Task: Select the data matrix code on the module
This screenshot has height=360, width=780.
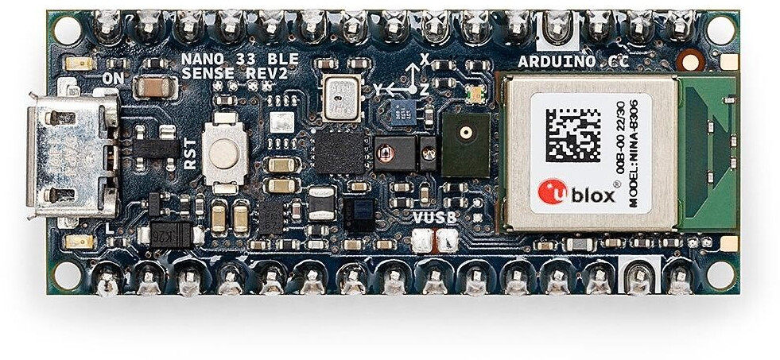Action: (x=572, y=135)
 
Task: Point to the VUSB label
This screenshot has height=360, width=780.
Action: (x=434, y=217)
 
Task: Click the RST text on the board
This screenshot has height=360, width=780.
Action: (x=190, y=153)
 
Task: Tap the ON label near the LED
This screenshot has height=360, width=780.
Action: (x=114, y=79)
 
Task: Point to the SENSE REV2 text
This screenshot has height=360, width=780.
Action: (x=224, y=73)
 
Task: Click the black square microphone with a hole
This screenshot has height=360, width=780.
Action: (x=465, y=144)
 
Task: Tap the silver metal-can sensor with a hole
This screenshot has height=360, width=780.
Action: (x=342, y=99)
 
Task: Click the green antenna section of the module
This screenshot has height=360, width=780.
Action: (x=705, y=151)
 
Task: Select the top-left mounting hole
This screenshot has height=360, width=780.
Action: (x=67, y=30)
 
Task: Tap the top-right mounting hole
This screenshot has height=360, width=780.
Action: (x=720, y=30)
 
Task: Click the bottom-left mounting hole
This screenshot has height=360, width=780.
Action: (x=67, y=275)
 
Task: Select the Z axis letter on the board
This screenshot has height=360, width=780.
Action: (x=425, y=90)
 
